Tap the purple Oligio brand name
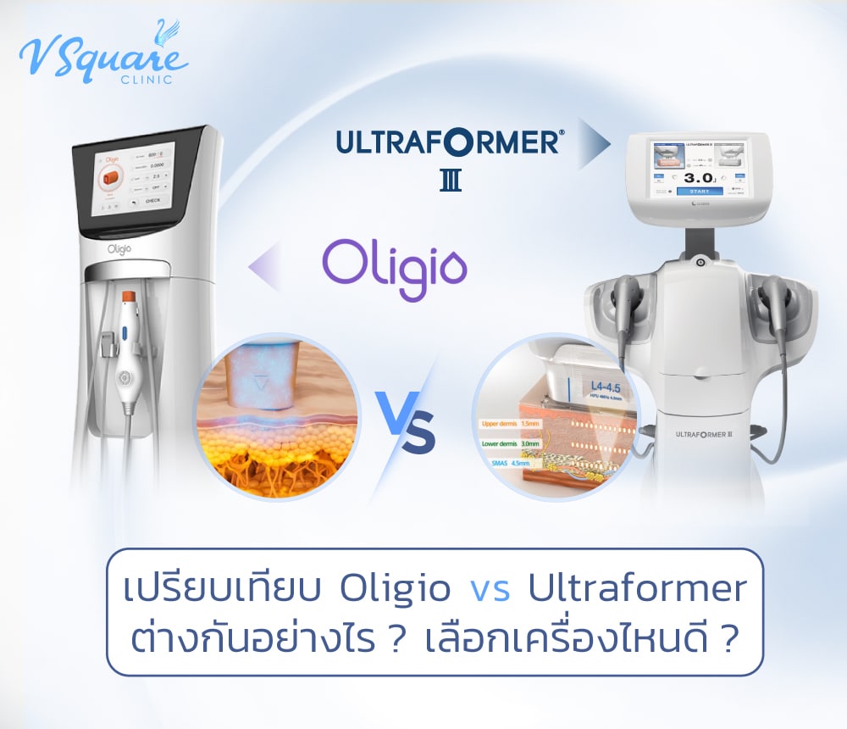(395, 264)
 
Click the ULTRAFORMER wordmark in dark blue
(447, 142)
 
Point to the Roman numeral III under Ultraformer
(451, 181)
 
